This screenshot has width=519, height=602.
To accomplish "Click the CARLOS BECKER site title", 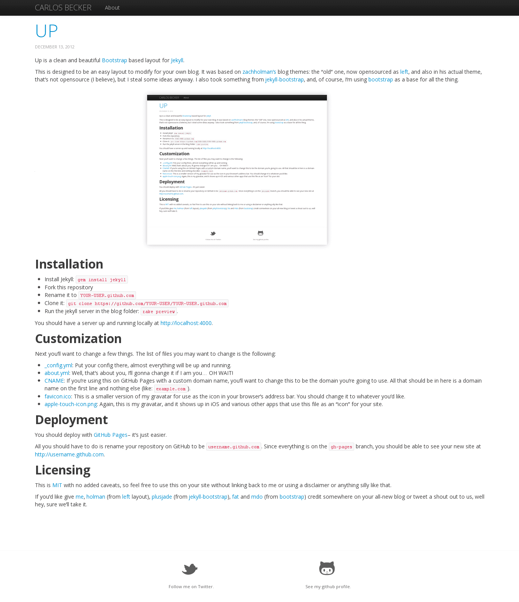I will (63, 8).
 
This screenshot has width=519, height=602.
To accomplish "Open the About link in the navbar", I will (112, 8).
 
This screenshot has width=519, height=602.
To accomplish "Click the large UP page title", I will (46, 31).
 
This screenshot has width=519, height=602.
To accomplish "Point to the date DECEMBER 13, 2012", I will (55, 47).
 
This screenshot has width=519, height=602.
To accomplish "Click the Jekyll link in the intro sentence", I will (177, 60).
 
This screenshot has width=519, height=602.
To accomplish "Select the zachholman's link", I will (259, 72).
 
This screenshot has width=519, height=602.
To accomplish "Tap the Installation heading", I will (69, 264).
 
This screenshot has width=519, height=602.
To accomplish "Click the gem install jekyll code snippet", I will (101, 280).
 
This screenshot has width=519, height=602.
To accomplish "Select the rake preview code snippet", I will (158, 312).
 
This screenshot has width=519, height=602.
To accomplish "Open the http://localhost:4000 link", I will (186, 323).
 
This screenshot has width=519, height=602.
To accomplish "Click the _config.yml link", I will (58, 365).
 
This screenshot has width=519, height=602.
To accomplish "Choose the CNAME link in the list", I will (54, 381).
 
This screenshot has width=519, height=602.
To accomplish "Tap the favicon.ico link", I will (58, 396).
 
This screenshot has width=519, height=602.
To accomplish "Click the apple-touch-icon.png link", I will (71, 404).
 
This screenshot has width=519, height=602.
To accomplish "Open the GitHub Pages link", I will (111, 435).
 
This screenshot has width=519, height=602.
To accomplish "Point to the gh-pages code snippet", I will (341, 447).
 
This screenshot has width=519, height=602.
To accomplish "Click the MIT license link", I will (57, 485).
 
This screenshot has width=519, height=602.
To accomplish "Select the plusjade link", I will (162, 497).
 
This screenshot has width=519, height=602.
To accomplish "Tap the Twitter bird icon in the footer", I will (190, 569).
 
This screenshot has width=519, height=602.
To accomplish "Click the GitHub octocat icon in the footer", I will (327, 568).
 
